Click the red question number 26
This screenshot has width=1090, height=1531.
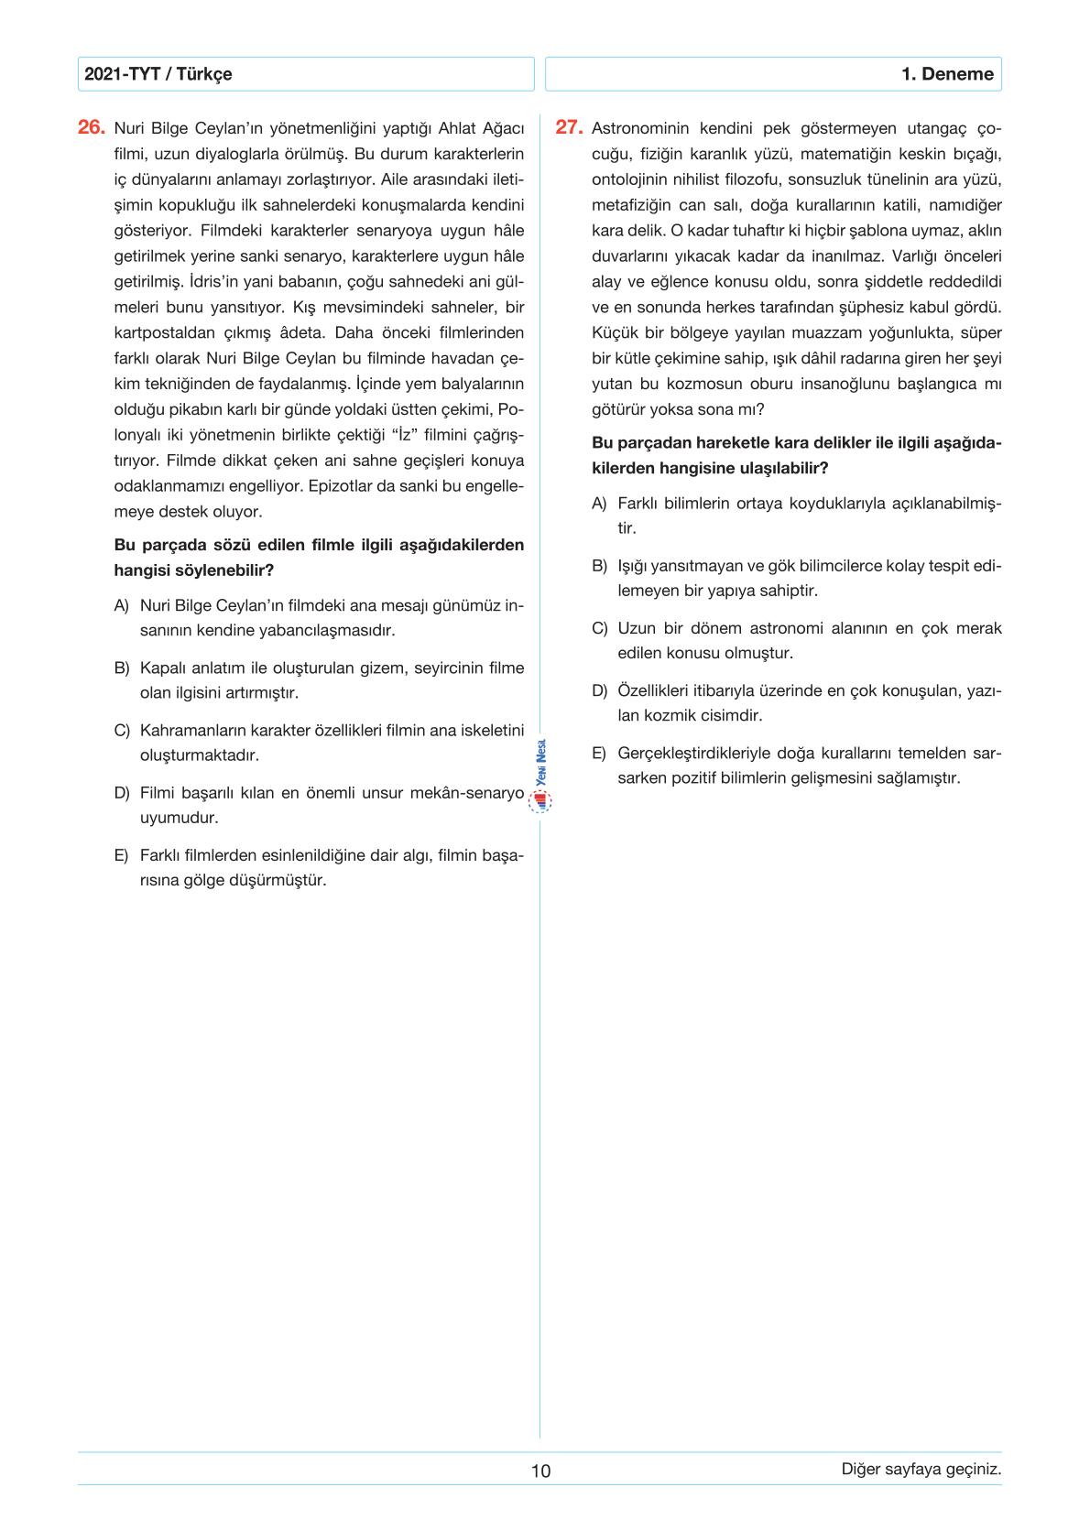coord(92,127)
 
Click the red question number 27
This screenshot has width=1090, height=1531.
coord(569,127)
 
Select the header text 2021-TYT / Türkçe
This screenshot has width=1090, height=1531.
coord(158,74)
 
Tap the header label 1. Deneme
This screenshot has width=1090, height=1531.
coord(947,74)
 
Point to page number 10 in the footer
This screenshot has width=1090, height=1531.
coord(540,1471)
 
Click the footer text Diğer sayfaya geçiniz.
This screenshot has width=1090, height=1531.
coord(921,1469)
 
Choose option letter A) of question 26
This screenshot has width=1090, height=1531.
coord(122,605)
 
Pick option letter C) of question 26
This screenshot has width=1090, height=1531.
coord(122,731)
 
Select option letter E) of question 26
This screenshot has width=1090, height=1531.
coord(122,855)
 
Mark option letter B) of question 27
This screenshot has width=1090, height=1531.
coord(599,566)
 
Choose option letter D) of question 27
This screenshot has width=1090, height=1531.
coord(599,690)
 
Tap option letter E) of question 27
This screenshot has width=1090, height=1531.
coord(599,753)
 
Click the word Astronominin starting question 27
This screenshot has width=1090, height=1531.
coord(639,128)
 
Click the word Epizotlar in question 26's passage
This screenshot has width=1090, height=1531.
coord(343,486)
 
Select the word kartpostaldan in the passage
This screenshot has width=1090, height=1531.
coord(162,332)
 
